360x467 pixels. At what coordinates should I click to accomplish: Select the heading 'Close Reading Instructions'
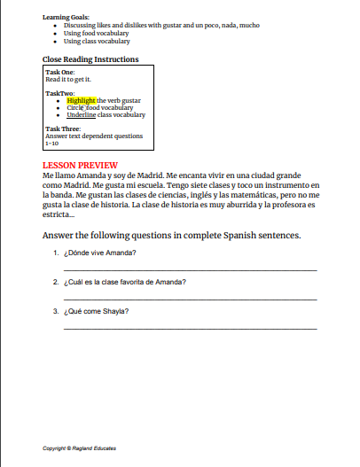click(x=90, y=59)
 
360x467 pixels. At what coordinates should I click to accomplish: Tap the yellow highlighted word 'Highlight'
click(x=82, y=100)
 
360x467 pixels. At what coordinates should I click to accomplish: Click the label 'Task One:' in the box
click(x=60, y=73)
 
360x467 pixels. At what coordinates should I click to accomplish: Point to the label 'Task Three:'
click(x=63, y=129)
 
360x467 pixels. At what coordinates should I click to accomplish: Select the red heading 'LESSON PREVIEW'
click(x=81, y=165)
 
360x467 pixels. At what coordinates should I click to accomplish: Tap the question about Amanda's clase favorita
click(x=125, y=283)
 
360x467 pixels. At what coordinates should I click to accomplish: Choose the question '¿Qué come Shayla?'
click(x=97, y=311)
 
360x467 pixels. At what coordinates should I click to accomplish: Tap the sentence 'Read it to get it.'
click(x=68, y=79)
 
